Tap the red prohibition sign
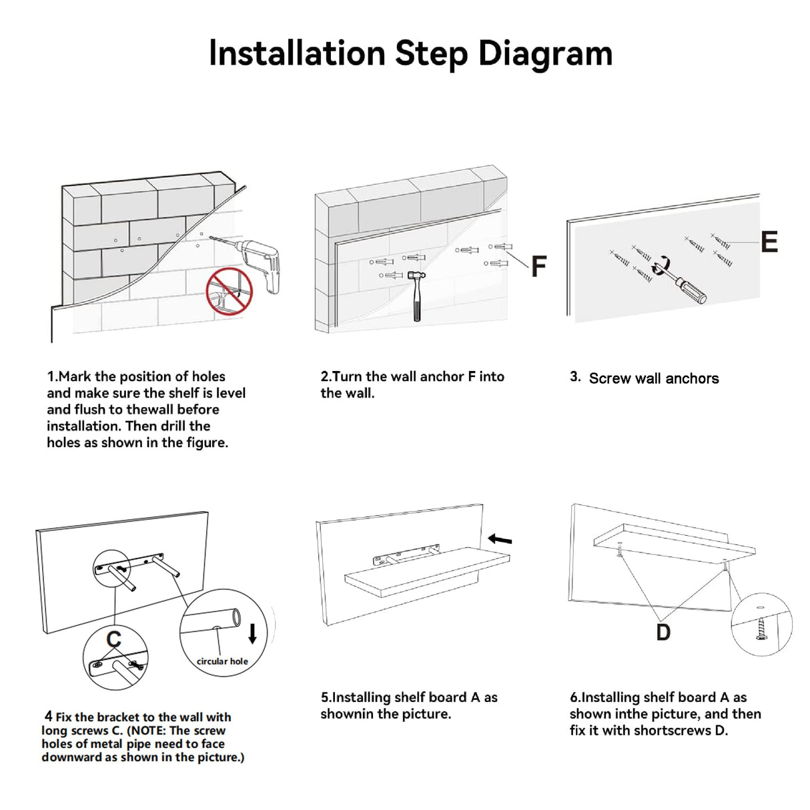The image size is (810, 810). click(229, 291)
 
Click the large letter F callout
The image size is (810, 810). click(538, 266)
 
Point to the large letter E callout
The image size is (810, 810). click(769, 242)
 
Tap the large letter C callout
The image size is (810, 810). click(114, 639)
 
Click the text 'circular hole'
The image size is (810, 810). click(222, 661)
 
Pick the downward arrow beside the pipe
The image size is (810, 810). click(252, 633)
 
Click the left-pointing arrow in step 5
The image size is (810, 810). click(500, 539)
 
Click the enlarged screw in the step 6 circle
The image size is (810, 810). click(761, 629)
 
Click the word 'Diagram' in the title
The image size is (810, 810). click(545, 54)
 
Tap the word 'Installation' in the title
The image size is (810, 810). click(297, 53)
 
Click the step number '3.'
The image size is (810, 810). click(575, 376)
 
